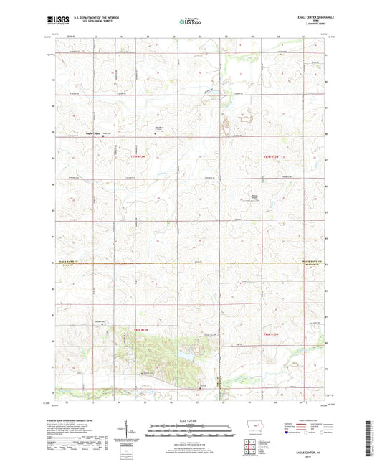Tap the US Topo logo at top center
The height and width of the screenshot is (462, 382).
coord(190,22)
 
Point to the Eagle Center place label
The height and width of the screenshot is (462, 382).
coord(93,133)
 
